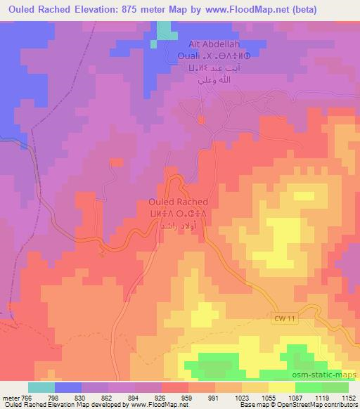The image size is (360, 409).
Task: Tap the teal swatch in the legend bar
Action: point(41,387)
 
